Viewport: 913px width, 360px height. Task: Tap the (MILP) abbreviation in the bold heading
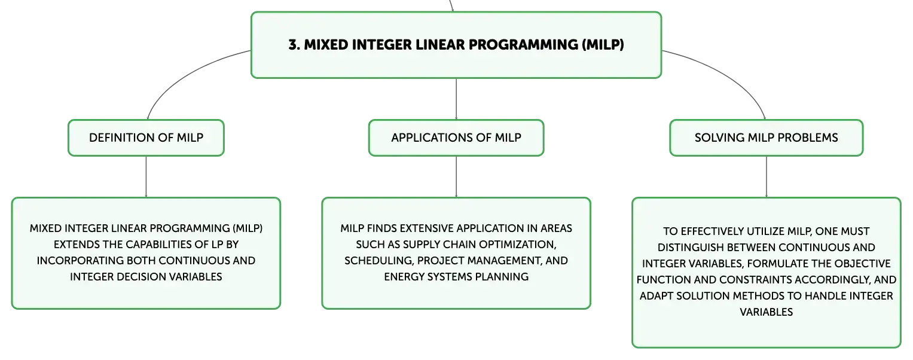tap(603, 44)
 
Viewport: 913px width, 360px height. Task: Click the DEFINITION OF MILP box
tap(146, 138)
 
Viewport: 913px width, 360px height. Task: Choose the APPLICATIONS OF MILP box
tap(456, 138)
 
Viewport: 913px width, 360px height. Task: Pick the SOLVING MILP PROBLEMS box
tap(767, 138)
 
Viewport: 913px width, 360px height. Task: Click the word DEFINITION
tap(121, 138)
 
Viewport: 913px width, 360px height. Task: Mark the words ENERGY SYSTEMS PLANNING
tap(456, 277)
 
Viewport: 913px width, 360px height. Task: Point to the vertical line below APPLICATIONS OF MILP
tap(456, 177)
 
